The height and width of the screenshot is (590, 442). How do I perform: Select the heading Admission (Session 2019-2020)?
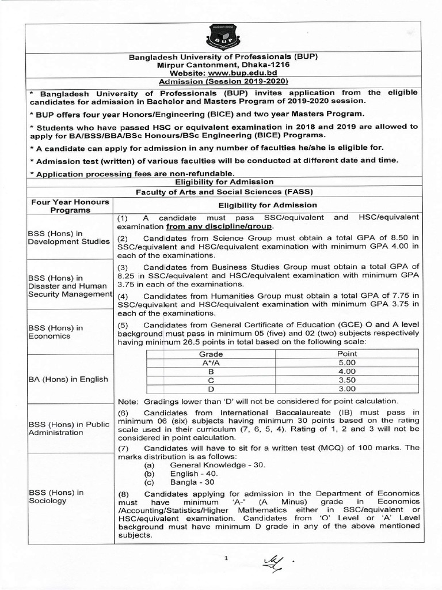click(221, 83)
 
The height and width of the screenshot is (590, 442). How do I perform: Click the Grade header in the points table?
click(211, 353)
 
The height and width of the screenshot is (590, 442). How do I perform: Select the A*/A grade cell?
click(211, 362)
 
